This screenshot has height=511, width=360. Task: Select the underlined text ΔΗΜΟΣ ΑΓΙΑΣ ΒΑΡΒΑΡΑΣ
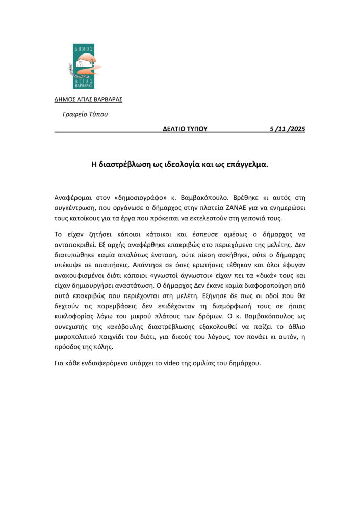[x=88, y=99]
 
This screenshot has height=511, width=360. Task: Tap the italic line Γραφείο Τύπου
[x=85, y=114]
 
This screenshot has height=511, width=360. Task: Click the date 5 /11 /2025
[x=287, y=129]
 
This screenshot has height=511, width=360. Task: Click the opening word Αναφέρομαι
[x=73, y=197]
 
